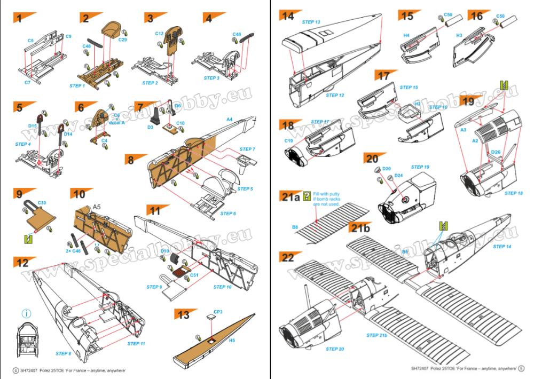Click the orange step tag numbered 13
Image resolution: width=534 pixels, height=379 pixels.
(x=184, y=315)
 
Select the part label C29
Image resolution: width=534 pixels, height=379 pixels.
(x=122, y=40)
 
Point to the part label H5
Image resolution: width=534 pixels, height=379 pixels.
(x=232, y=339)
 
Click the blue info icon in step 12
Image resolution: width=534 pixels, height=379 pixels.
(x=26, y=313)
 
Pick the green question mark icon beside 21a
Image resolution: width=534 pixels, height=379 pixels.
(x=306, y=195)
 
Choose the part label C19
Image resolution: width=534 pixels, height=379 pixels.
(x=288, y=141)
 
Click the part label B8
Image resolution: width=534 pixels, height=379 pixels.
(x=295, y=227)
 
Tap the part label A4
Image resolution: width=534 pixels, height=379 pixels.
(x=229, y=120)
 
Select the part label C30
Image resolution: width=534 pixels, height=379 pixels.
(x=42, y=203)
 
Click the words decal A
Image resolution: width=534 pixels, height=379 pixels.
(x=117, y=122)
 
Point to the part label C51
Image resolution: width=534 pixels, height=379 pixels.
(x=194, y=275)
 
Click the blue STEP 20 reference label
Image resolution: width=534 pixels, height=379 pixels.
(x=333, y=349)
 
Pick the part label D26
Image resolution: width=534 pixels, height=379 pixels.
(x=496, y=152)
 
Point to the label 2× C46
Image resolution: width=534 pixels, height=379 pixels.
(x=73, y=250)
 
